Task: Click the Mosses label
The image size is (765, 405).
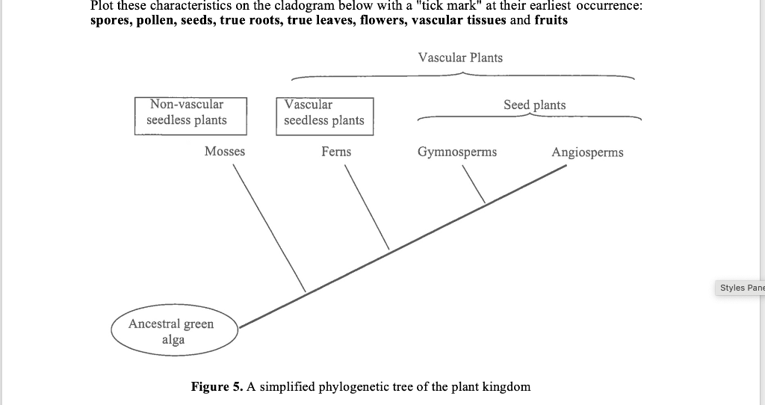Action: [224, 152]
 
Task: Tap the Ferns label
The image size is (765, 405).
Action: [336, 152]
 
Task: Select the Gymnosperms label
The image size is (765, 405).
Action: [456, 152]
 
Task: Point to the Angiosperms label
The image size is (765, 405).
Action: [587, 152]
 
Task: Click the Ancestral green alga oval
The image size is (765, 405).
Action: [174, 331]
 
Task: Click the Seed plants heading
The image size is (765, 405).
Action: [534, 105]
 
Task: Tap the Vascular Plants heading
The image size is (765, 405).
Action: [460, 58]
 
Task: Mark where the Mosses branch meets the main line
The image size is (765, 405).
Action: [306, 291]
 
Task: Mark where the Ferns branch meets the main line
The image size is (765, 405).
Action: [389, 250]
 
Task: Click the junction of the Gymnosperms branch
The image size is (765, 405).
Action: [485, 202]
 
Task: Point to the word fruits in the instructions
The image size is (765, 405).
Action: [551, 20]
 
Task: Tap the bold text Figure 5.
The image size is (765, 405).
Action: [217, 386]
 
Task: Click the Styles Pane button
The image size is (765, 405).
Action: [742, 288]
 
